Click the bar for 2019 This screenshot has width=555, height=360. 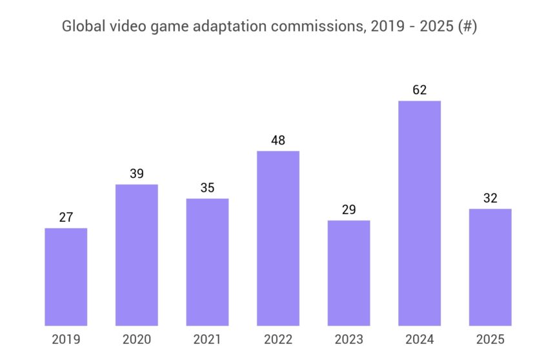click(x=66, y=277)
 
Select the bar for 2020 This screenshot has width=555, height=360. click(x=137, y=255)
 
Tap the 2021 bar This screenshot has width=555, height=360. click(x=207, y=262)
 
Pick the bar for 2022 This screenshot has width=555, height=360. click(x=278, y=238)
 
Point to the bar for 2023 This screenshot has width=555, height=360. click(x=348, y=273)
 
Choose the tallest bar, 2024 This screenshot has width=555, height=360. click(x=419, y=213)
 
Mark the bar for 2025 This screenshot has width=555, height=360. click(x=490, y=267)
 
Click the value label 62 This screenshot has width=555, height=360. click(x=419, y=90)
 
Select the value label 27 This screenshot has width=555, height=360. click(x=66, y=217)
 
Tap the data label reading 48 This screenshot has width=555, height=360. click(x=278, y=141)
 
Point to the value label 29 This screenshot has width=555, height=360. click(x=348, y=210)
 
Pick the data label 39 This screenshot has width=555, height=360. click(x=137, y=174)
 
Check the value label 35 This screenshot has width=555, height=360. click(x=207, y=188)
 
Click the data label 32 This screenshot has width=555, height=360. click(x=490, y=198)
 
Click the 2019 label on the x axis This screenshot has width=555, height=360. click(x=66, y=339)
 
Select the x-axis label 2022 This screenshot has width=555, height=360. click(x=278, y=339)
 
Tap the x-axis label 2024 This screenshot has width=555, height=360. click(x=419, y=339)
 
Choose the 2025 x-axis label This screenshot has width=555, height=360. click(x=490, y=339)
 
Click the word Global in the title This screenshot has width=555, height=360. click(x=79, y=27)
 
